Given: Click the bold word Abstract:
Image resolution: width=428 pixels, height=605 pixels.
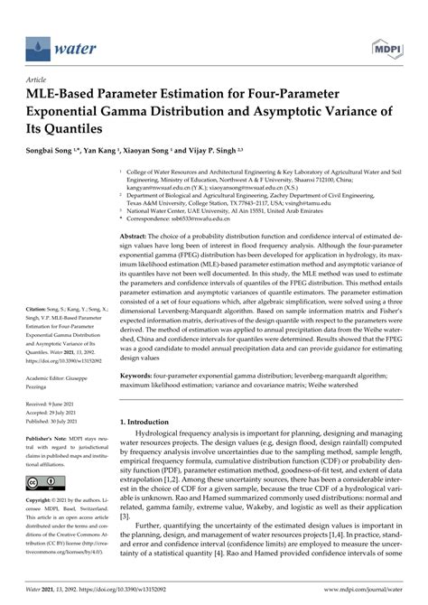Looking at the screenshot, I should [136, 236].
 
